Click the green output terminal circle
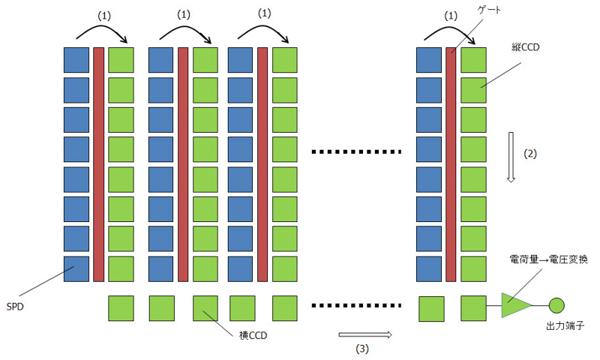point(556,305)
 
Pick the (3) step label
point(362,348)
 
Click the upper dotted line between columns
point(355,152)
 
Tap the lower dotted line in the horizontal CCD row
point(355,305)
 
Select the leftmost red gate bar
point(98,163)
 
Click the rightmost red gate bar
point(451,163)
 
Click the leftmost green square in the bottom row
point(121,308)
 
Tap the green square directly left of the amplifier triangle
point(473,308)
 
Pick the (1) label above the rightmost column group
point(450,14)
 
